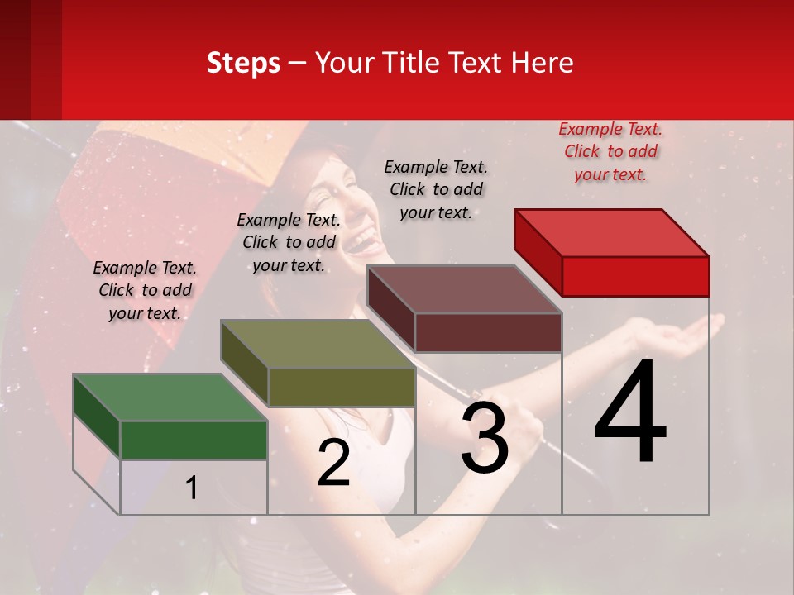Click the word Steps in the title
(x=243, y=63)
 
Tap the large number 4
(x=631, y=413)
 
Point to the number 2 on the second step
(x=334, y=463)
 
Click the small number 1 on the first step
(x=192, y=488)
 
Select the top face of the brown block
(x=464, y=289)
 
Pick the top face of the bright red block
(x=612, y=233)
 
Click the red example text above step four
(x=610, y=151)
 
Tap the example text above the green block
(x=145, y=290)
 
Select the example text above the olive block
(x=289, y=242)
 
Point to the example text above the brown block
(x=436, y=189)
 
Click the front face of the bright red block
(x=635, y=276)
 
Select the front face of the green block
(x=194, y=440)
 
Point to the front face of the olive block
(x=342, y=387)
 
